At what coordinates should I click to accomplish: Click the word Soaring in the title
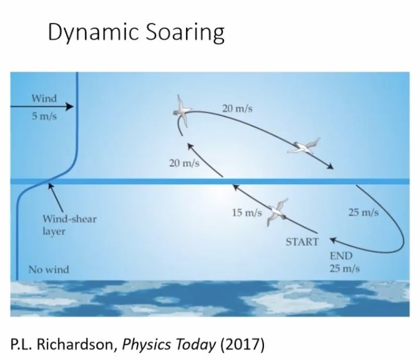click(185, 33)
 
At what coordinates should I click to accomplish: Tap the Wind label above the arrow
click(44, 99)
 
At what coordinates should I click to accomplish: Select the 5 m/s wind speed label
click(44, 116)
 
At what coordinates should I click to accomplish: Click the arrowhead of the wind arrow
click(70, 107)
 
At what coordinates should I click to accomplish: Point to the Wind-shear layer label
click(70, 225)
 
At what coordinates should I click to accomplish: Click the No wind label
click(49, 269)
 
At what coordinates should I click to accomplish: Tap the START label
click(302, 242)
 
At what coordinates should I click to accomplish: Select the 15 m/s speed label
click(247, 212)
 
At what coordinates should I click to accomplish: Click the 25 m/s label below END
click(344, 268)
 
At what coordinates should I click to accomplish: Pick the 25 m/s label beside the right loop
click(364, 212)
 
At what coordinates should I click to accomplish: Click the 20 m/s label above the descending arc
click(238, 108)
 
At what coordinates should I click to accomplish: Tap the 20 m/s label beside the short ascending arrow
click(184, 163)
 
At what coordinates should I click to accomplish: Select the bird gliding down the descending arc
click(304, 147)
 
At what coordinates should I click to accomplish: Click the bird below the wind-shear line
click(277, 212)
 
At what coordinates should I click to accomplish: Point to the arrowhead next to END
click(333, 240)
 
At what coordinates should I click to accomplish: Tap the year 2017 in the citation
click(242, 344)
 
